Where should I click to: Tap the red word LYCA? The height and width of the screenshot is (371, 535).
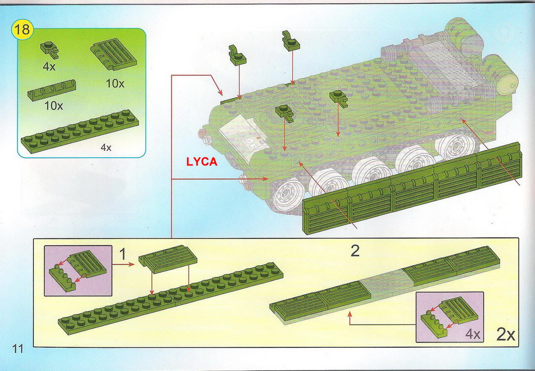click(x=201, y=162)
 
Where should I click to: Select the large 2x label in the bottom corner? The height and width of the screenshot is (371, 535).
click(x=505, y=335)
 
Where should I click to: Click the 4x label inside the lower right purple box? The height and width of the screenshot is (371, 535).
click(x=473, y=334)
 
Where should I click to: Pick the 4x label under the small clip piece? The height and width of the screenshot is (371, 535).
click(x=49, y=66)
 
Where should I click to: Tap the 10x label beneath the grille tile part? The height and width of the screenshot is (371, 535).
click(x=115, y=83)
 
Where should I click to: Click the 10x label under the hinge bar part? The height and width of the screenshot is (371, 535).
click(x=54, y=106)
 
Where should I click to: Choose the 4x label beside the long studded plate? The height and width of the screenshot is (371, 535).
click(x=106, y=148)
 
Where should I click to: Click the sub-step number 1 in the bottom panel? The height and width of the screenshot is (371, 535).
click(x=123, y=254)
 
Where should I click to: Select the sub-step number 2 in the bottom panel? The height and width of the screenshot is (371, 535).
click(x=355, y=251)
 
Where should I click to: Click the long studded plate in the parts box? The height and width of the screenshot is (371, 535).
click(x=79, y=131)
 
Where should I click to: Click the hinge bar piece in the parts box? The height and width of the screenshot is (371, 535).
click(x=51, y=90)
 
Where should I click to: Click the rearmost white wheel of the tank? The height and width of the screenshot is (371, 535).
click(x=455, y=147)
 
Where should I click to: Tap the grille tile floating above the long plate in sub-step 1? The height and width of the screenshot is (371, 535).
click(x=168, y=259)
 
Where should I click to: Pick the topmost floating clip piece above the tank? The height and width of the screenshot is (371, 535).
click(x=290, y=41)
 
